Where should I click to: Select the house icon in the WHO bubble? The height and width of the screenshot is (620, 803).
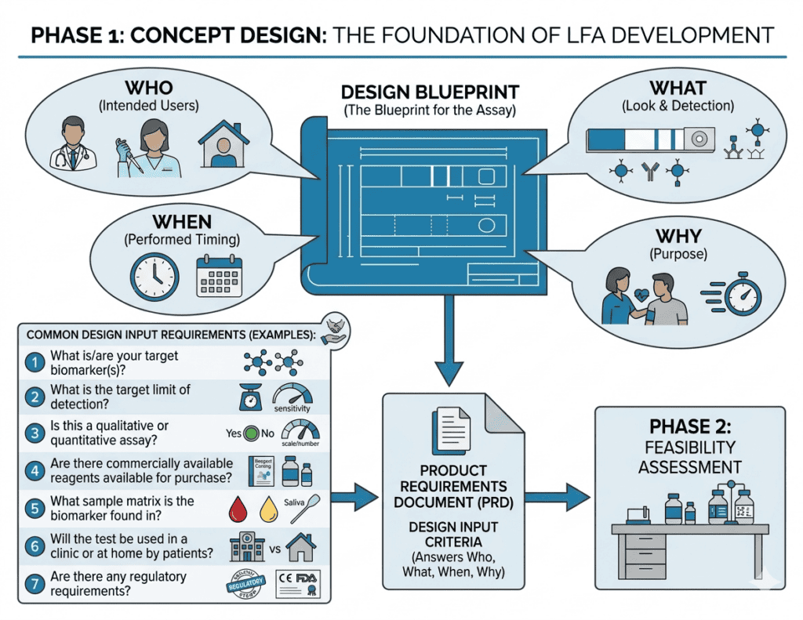(223, 143)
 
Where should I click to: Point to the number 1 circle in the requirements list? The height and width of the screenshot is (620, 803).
(34, 362)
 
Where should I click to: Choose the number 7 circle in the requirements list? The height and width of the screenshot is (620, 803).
(34, 582)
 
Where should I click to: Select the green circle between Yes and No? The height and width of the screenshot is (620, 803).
(252, 433)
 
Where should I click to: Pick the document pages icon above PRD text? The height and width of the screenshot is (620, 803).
(451, 429)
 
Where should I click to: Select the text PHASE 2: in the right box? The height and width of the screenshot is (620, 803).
(689, 427)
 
